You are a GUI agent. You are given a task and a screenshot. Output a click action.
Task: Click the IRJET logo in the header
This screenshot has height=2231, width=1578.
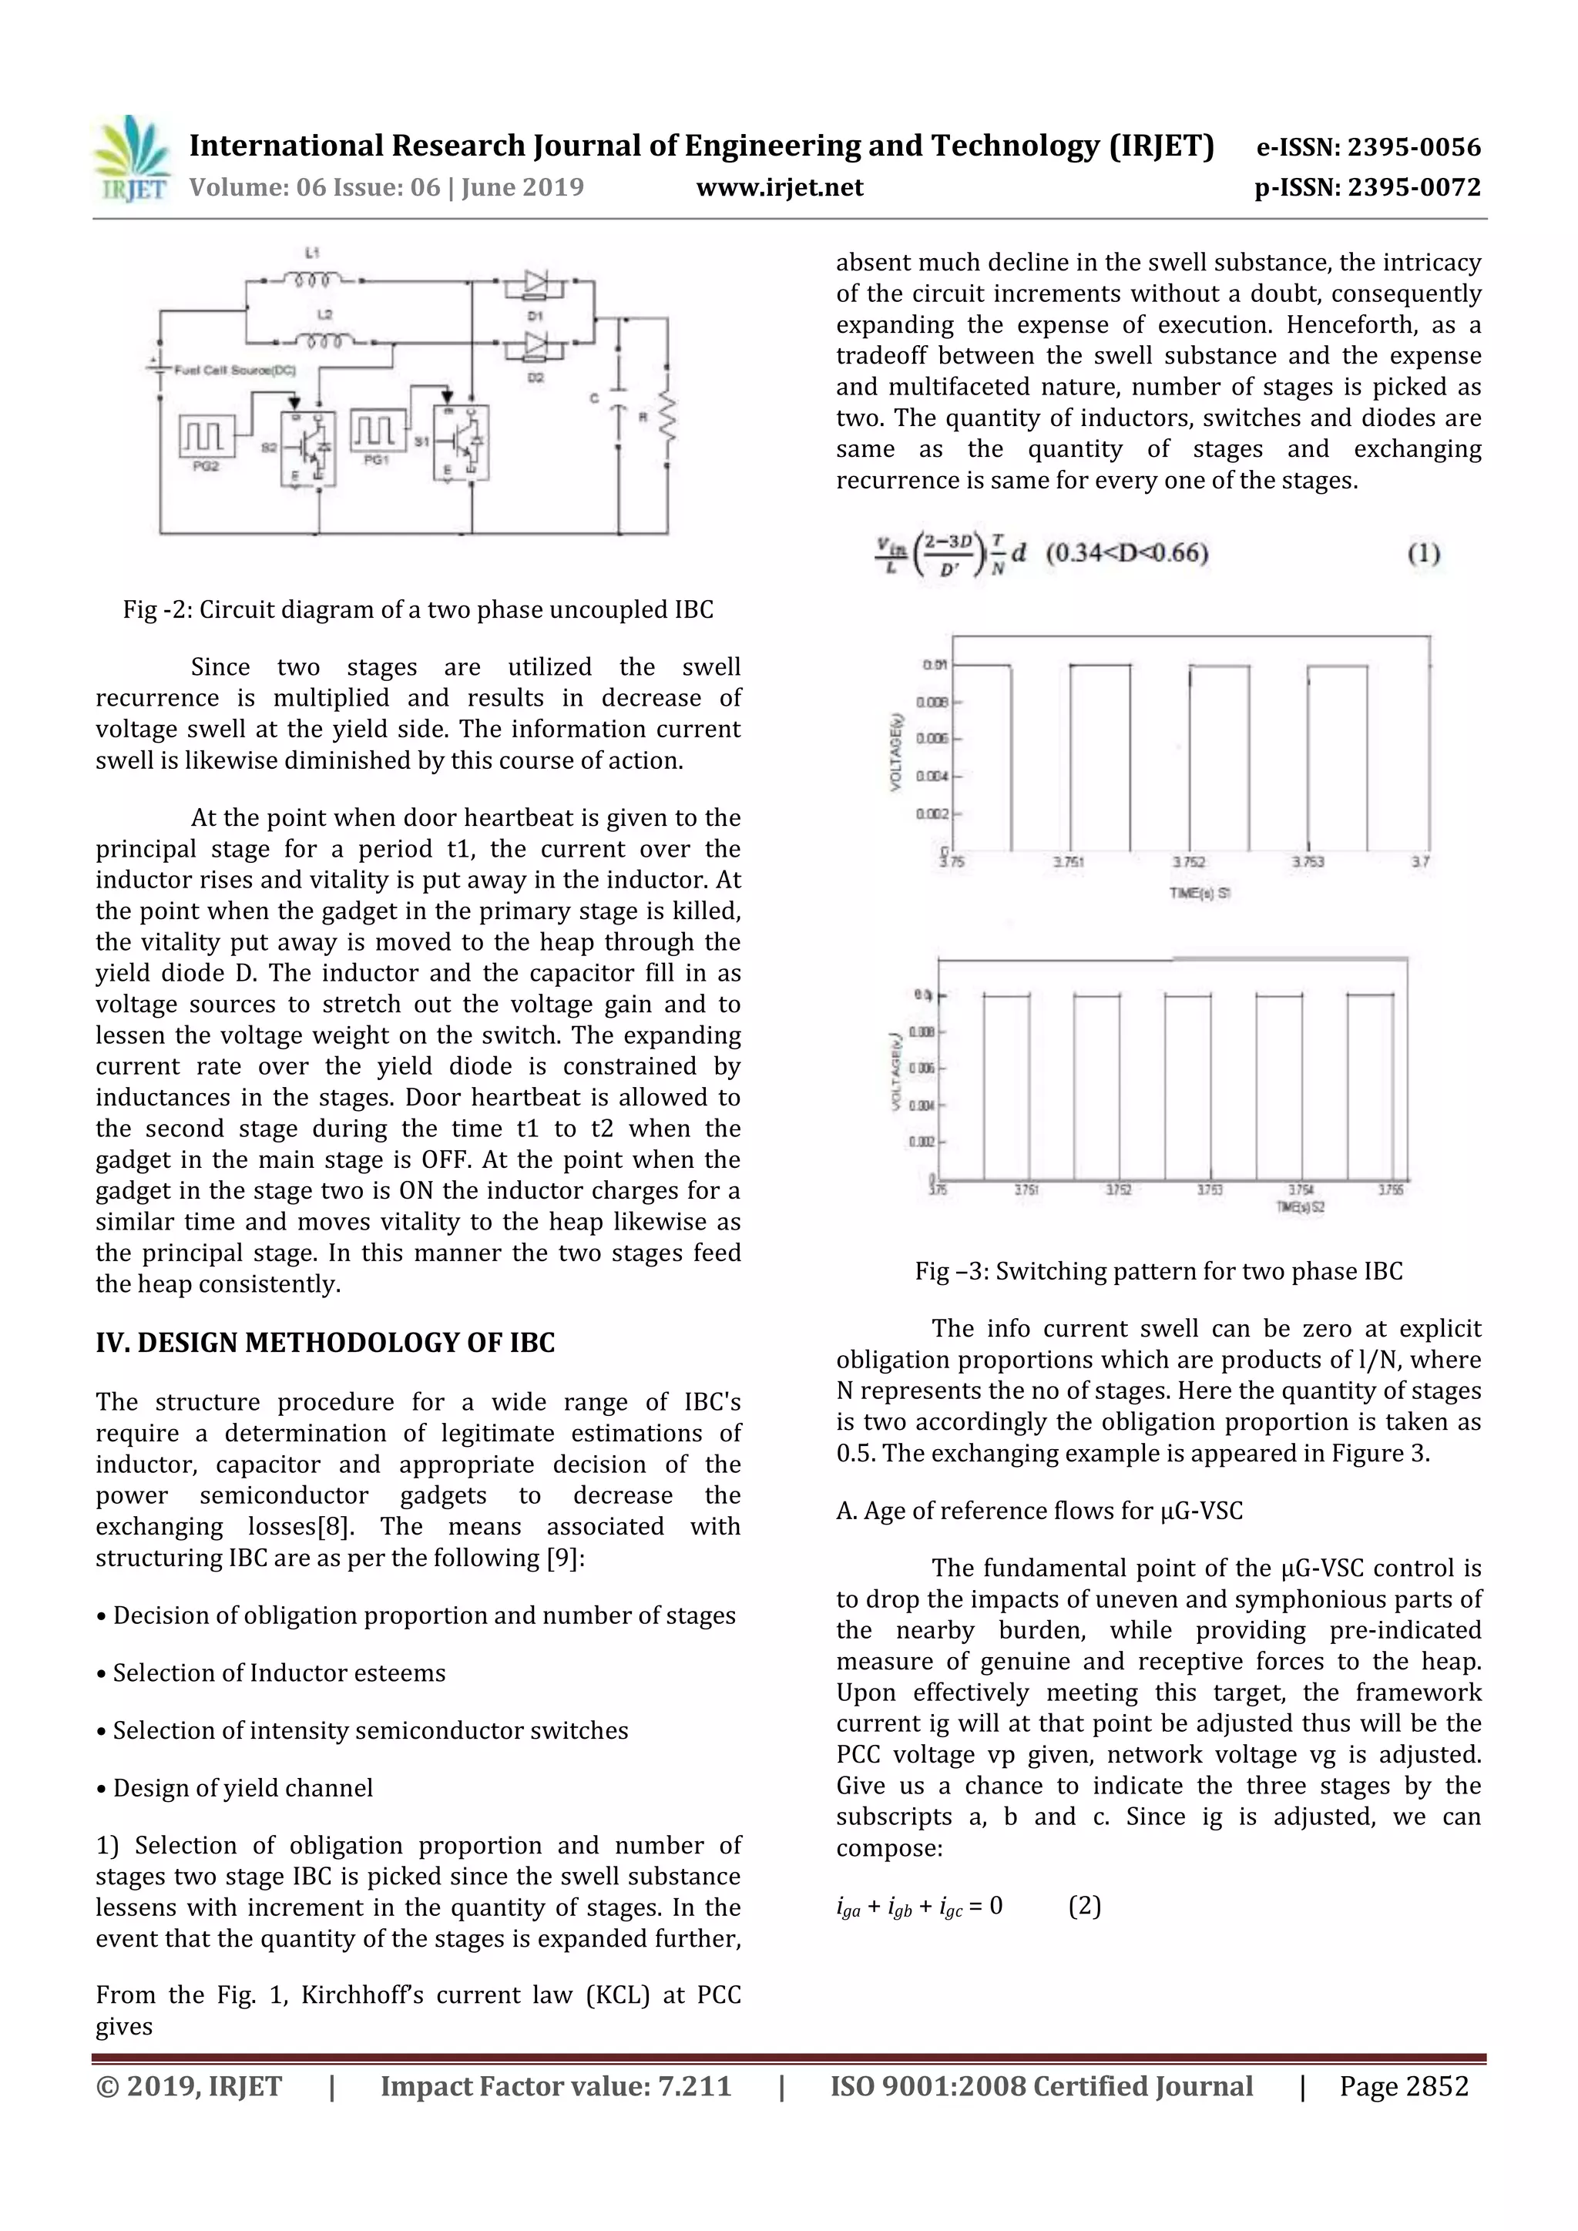(131, 159)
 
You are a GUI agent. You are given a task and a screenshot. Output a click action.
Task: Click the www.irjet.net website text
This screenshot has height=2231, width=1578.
(779, 187)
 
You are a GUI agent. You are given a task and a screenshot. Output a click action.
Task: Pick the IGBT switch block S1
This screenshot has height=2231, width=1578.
(462, 443)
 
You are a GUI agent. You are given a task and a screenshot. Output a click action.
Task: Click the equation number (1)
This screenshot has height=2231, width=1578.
(1423, 554)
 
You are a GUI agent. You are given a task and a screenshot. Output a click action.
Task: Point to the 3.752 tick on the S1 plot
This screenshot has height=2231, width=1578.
(1188, 862)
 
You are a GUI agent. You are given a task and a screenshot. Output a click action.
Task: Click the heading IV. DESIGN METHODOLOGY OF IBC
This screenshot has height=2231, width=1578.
(324, 1343)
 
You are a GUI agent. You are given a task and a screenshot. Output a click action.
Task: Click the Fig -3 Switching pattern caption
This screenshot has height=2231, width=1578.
(1158, 1271)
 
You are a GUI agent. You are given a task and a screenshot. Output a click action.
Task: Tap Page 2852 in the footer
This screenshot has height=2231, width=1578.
(1403, 2086)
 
